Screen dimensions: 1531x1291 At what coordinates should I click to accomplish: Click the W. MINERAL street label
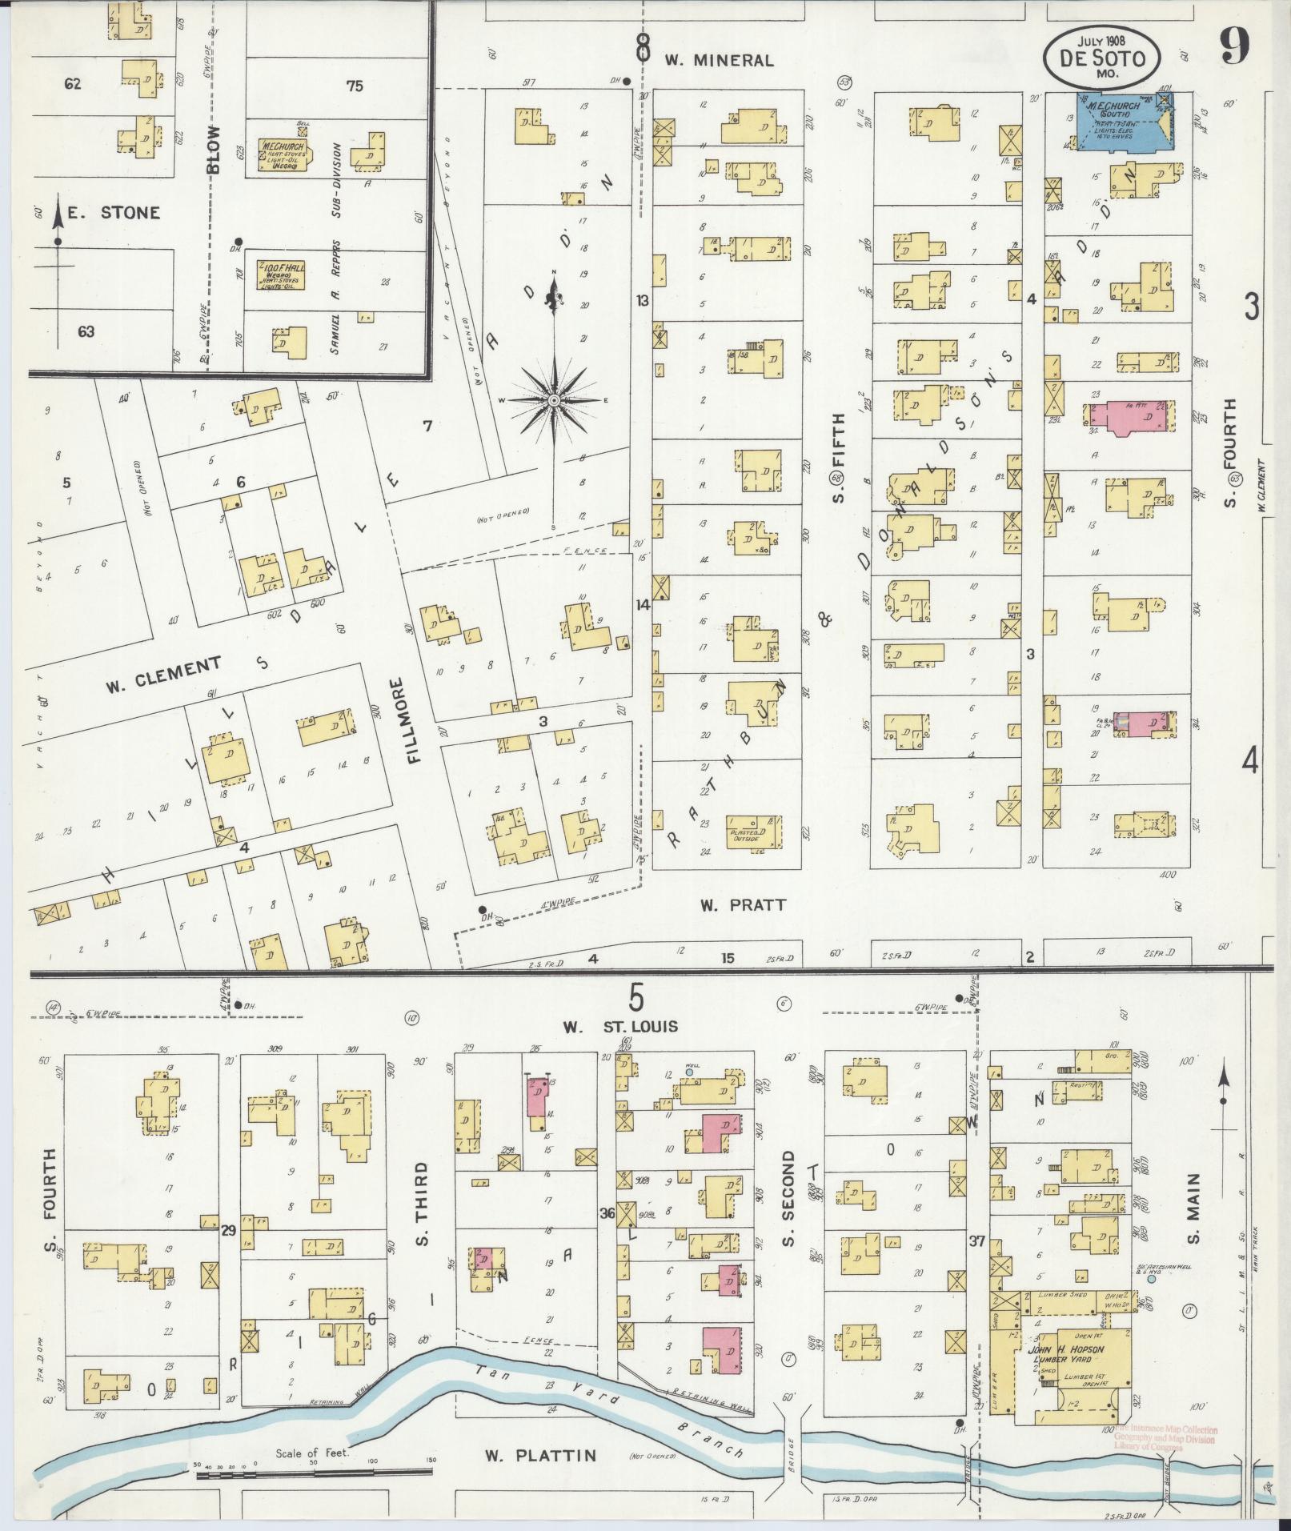(x=719, y=60)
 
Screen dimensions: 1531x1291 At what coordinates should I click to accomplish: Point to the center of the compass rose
(x=553, y=399)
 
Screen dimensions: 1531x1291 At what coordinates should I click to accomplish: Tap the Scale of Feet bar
(x=312, y=1471)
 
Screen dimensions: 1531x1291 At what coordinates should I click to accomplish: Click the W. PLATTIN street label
(x=541, y=1455)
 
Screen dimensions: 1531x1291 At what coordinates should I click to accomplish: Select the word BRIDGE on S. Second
(x=791, y=1438)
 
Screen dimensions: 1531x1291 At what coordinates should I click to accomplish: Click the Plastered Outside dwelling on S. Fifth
(x=752, y=832)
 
